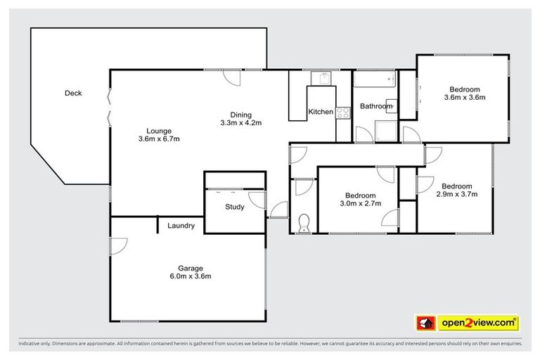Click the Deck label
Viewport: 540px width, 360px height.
pyautogui.click(x=73, y=93)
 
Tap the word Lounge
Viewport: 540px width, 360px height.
pyautogui.click(x=159, y=130)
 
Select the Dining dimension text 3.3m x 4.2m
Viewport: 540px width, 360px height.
pyautogui.click(x=240, y=123)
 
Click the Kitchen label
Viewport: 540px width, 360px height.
pyautogui.click(x=321, y=112)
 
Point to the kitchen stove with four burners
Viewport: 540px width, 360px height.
pyautogui.click(x=342, y=111)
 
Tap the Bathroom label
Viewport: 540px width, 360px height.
pyautogui.click(x=376, y=106)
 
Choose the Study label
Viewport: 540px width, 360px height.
pyautogui.click(x=235, y=207)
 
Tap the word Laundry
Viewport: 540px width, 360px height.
pyautogui.click(x=181, y=226)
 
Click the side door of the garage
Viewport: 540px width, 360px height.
pyautogui.click(x=117, y=246)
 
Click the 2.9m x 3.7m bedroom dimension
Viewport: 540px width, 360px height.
pyautogui.click(x=457, y=194)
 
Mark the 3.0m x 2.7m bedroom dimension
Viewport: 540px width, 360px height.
pyautogui.click(x=360, y=204)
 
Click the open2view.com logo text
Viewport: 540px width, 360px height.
pyautogui.click(x=477, y=322)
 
